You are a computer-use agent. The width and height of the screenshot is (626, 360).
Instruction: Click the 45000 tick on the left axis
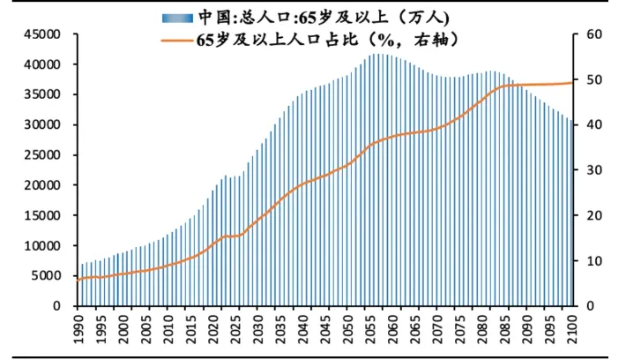coord(42,34)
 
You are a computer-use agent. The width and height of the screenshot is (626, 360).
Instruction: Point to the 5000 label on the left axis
coord(46,275)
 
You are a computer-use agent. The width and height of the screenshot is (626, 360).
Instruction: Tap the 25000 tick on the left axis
coord(42,155)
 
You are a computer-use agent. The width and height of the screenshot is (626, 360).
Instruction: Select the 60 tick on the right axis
coord(594,34)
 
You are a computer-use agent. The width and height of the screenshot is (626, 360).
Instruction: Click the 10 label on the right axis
coord(594,260)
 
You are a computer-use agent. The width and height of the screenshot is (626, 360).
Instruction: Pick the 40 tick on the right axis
coord(594,124)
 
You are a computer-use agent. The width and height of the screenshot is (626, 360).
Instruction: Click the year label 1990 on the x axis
coord(78,329)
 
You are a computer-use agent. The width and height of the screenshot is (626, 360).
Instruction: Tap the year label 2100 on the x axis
coord(572,329)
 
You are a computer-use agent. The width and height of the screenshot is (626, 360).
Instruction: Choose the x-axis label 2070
coord(437,329)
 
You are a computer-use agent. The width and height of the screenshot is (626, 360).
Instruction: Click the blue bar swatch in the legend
coord(177,18)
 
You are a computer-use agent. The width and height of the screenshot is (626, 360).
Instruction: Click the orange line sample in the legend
coord(177,40)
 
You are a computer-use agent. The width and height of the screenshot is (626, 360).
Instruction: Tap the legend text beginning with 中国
coord(324,18)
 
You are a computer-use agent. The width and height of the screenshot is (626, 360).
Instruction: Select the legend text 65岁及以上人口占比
coord(277,40)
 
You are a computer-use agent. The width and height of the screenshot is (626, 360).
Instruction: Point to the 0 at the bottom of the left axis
coord(56,306)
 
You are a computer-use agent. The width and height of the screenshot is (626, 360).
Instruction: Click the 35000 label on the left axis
coord(42,94)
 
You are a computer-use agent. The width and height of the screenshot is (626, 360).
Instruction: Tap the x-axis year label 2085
coord(504,329)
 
